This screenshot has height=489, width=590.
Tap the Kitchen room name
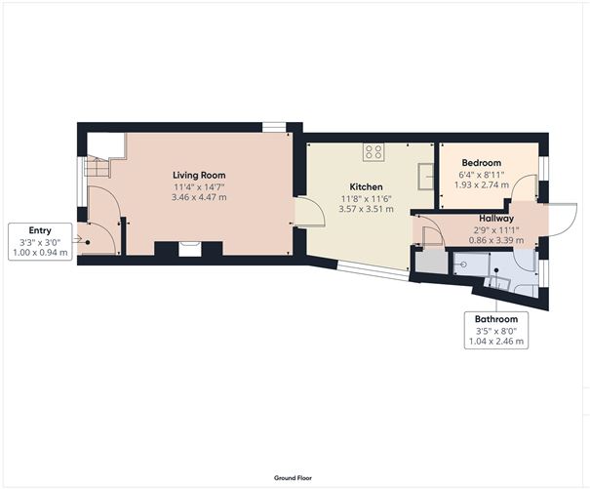click(366, 185)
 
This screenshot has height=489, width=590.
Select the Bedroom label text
click(481, 162)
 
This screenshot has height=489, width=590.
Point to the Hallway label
click(495, 218)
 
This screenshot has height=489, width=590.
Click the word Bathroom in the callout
click(495, 319)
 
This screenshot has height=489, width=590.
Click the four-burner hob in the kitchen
click(373, 150)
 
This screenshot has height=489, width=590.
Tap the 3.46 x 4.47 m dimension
click(199, 197)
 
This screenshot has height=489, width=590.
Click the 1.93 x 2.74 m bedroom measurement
click(481, 184)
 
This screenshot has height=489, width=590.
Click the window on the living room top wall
click(274, 125)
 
